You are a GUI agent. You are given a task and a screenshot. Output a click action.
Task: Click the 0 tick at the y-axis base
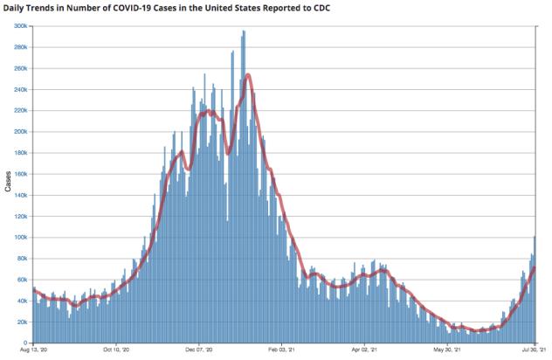click(x=27, y=343)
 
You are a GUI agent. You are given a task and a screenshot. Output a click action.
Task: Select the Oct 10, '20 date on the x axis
click(x=116, y=351)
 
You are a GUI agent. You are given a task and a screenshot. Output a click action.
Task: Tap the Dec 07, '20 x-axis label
click(x=200, y=351)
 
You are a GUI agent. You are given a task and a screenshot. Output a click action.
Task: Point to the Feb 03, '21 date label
click(x=283, y=351)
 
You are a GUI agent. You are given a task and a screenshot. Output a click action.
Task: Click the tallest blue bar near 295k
click(x=244, y=33)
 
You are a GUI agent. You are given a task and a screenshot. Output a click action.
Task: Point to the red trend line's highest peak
click(x=249, y=75)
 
